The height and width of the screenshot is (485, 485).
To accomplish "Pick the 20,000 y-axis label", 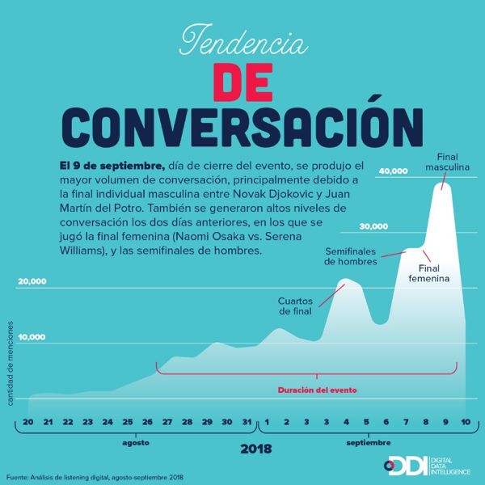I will point(32,281).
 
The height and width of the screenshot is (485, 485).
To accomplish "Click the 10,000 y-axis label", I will point(32,336).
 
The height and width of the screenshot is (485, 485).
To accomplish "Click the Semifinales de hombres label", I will point(351,256).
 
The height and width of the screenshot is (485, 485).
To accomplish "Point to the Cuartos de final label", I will point(294,306).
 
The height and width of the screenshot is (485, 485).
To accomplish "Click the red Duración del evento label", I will point(317,389).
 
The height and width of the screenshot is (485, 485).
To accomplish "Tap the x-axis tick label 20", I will point(28,422).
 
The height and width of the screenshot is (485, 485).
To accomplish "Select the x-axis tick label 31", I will point(247,422).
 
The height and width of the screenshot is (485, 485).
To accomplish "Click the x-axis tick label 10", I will point(466,422).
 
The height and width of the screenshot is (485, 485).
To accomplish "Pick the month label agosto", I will point(136,443).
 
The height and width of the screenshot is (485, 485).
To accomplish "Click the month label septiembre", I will point(368,443).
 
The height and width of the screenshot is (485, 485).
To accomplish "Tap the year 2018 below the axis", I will point(255,449).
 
